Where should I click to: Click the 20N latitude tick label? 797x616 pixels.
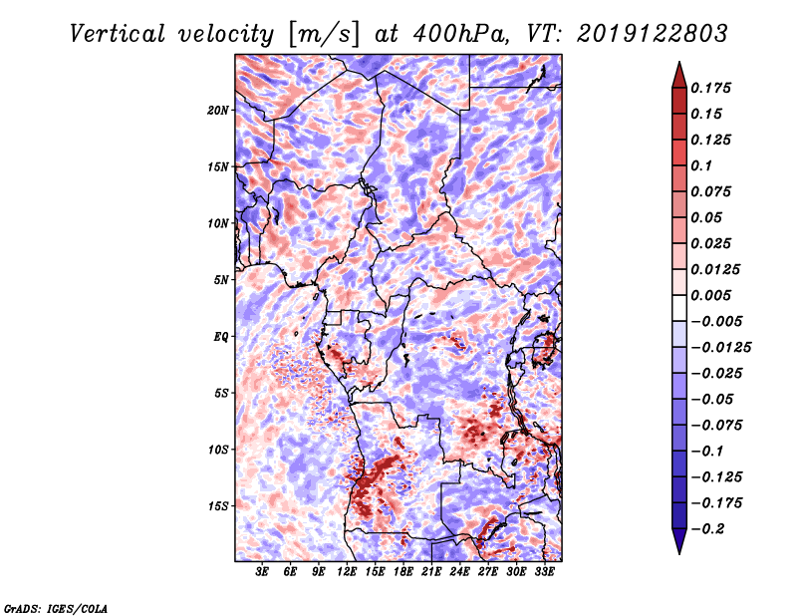(218, 110)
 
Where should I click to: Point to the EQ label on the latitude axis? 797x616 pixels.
(220, 336)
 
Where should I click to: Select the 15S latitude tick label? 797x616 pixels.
(218, 505)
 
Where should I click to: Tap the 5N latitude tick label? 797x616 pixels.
(221, 279)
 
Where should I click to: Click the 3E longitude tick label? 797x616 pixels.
(263, 572)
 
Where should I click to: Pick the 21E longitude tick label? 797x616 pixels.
(431, 572)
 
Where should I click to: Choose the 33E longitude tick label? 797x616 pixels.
(544, 572)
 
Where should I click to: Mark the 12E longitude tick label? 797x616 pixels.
(347, 572)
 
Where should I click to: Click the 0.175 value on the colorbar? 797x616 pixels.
(714, 88)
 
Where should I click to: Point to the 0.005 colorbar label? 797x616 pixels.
(714, 295)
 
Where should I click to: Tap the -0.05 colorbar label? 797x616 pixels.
(714, 399)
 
